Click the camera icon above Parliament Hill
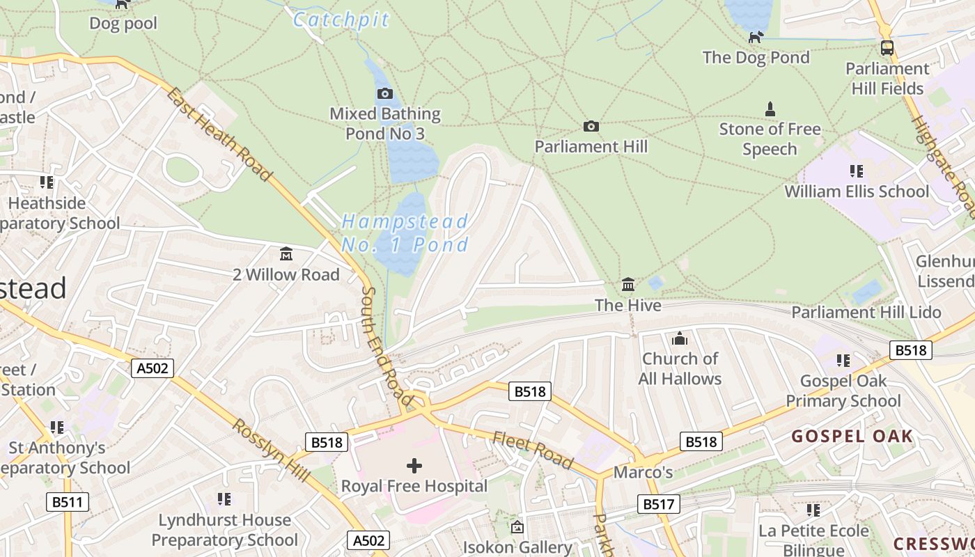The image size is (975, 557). pos(591,126)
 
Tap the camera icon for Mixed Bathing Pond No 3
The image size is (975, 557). pos(384,93)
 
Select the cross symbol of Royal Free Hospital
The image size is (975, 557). pos(414,465)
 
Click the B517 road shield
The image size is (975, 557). pos(658,503)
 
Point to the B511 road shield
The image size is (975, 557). pos(68,501)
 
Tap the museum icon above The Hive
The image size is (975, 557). pos(628,284)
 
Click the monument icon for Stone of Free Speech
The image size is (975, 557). pos(770,109)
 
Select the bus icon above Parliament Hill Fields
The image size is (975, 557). pos(887,48)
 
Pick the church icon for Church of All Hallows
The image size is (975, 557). pos(680,339)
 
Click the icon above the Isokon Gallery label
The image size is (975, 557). pos(517,527)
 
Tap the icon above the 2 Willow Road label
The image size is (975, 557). pos(286,254)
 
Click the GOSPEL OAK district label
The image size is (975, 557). pos(852,437)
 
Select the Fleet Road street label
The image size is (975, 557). pos(533,450)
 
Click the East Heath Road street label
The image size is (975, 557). pos(219,134)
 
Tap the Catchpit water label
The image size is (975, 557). pos(341,19)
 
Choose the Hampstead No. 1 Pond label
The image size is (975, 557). pos(405,233)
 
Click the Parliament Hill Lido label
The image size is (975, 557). pos(866,312)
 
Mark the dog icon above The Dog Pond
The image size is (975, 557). pos(756,36)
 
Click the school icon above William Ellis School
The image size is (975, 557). pos(856,171)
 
